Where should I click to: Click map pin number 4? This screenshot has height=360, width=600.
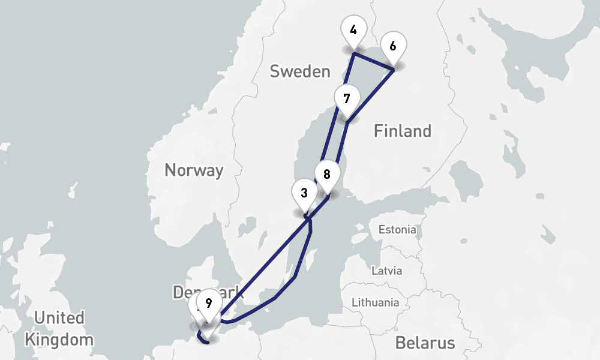[353, 30]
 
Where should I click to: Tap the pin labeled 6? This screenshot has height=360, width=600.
[394, 46]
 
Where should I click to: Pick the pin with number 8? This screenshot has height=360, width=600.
[327, 175]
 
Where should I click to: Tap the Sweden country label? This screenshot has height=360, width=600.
[299, 71]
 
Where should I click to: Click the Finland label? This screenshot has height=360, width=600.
[402, 131]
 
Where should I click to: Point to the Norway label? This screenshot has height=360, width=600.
[193, 170]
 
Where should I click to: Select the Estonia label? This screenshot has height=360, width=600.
[397, 229]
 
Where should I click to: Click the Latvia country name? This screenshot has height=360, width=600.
[386, 270]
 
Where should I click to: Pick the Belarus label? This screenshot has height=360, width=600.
[425, 343]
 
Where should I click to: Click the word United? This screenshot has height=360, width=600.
[59, 317]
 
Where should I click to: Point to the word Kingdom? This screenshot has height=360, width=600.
[59, 340]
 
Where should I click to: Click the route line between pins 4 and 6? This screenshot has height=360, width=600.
[373, 62]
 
